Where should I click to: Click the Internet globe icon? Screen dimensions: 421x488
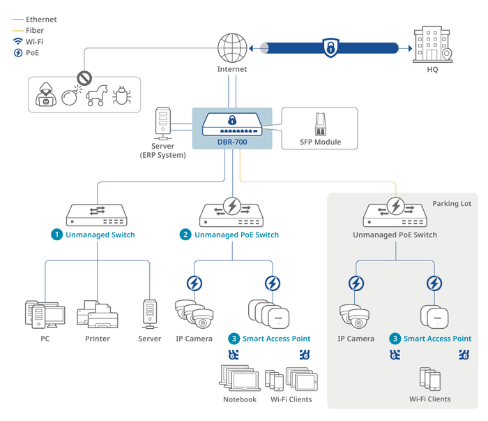coord(232,47)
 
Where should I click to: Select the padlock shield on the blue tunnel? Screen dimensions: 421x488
coord(329,47)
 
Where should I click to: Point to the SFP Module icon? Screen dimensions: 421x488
coord(320,126)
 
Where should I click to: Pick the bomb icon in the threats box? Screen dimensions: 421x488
coord(70,96)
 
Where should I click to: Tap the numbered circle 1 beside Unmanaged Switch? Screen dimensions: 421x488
coord(56,235)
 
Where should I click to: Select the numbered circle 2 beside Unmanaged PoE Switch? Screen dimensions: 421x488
coord(185,235)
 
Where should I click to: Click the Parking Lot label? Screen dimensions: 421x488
coord(452,203)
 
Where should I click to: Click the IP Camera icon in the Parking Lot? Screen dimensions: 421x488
coord(356,316)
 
